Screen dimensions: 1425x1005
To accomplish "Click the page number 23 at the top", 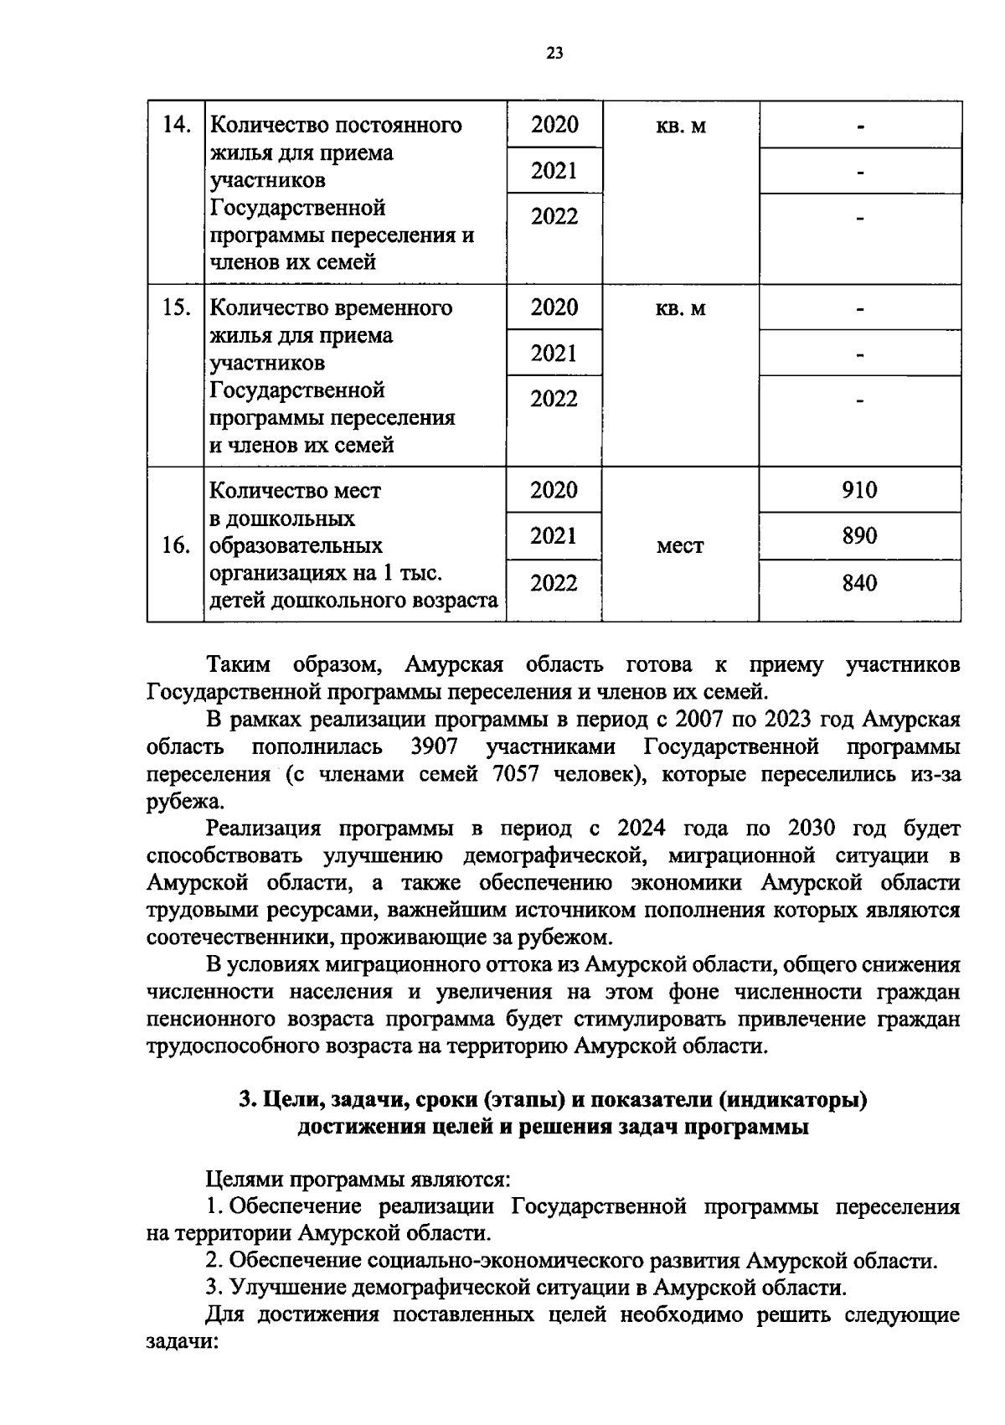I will (554, 54).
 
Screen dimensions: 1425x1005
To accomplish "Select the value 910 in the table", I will (859, 490).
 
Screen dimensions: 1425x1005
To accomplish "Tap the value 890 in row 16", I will (859, 535).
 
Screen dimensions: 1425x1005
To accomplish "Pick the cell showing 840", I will (859, 582).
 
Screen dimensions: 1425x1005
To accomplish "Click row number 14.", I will (176, 126).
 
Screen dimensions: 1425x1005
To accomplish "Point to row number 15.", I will (176, 308).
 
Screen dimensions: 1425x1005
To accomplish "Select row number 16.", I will (176, 546).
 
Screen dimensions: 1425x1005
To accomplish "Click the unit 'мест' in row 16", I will (680, 546).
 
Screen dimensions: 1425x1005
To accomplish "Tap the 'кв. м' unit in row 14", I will (680, 126).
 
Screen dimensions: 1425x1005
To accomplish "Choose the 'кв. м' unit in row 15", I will (680, 309).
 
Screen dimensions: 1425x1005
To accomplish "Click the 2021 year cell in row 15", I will (554, 354).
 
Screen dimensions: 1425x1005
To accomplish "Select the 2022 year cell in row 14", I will (554, 217).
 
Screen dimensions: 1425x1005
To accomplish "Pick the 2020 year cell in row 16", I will (554, 490).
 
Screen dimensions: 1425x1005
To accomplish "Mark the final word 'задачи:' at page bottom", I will (182, 1341).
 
